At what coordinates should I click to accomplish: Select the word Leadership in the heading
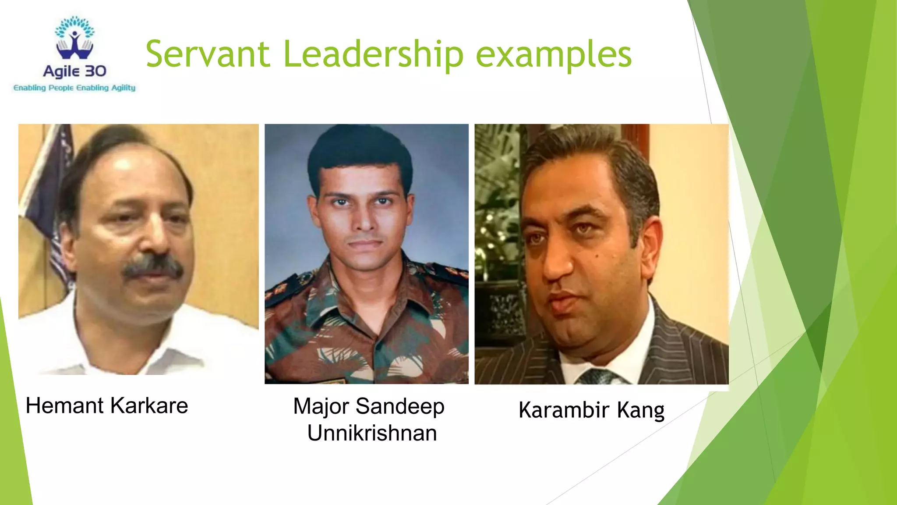(x=373, y=55)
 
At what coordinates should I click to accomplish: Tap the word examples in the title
(x=554, y=55)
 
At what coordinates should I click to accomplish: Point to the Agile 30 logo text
(x=74, y=71)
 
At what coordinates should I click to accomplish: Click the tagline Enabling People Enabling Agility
(x=74, y=88)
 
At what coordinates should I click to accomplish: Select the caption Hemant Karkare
(x=107, y=405)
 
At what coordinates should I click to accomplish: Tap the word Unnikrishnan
(x=372, y=433)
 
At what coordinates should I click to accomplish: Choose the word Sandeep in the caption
(x=400, y=406)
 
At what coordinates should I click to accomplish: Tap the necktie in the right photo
(x=598, y=377)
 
